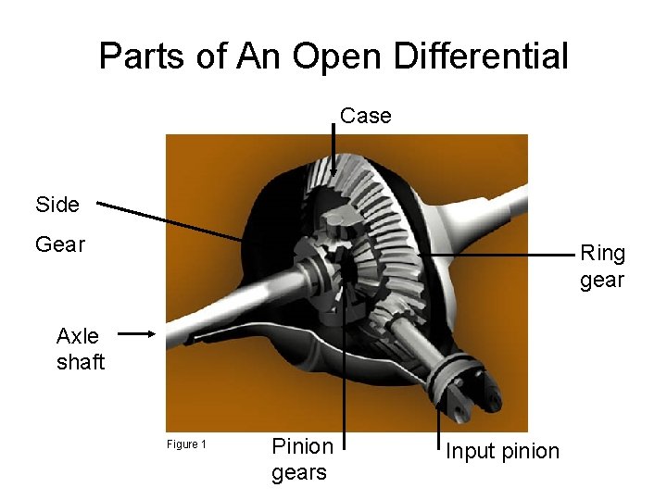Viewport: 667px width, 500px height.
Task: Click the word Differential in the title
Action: click(481, 56)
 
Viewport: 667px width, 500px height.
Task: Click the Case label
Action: click(365, 116)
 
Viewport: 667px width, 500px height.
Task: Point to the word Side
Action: click(57, 205)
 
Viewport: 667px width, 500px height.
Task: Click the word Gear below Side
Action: click(60, 244)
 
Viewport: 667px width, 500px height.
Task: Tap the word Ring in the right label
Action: click(602, 253)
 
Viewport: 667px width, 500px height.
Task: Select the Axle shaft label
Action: click(81, 348)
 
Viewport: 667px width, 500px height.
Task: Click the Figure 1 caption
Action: click(186, 444)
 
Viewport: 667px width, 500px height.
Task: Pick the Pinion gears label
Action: click(302, 459)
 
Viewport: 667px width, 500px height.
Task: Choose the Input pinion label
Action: click(502, 451)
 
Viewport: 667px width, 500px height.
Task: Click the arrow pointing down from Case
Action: click(334, 148)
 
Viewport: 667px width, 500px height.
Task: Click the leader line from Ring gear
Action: click(491, 253)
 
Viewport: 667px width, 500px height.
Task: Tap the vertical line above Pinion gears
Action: click(345, 370)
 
